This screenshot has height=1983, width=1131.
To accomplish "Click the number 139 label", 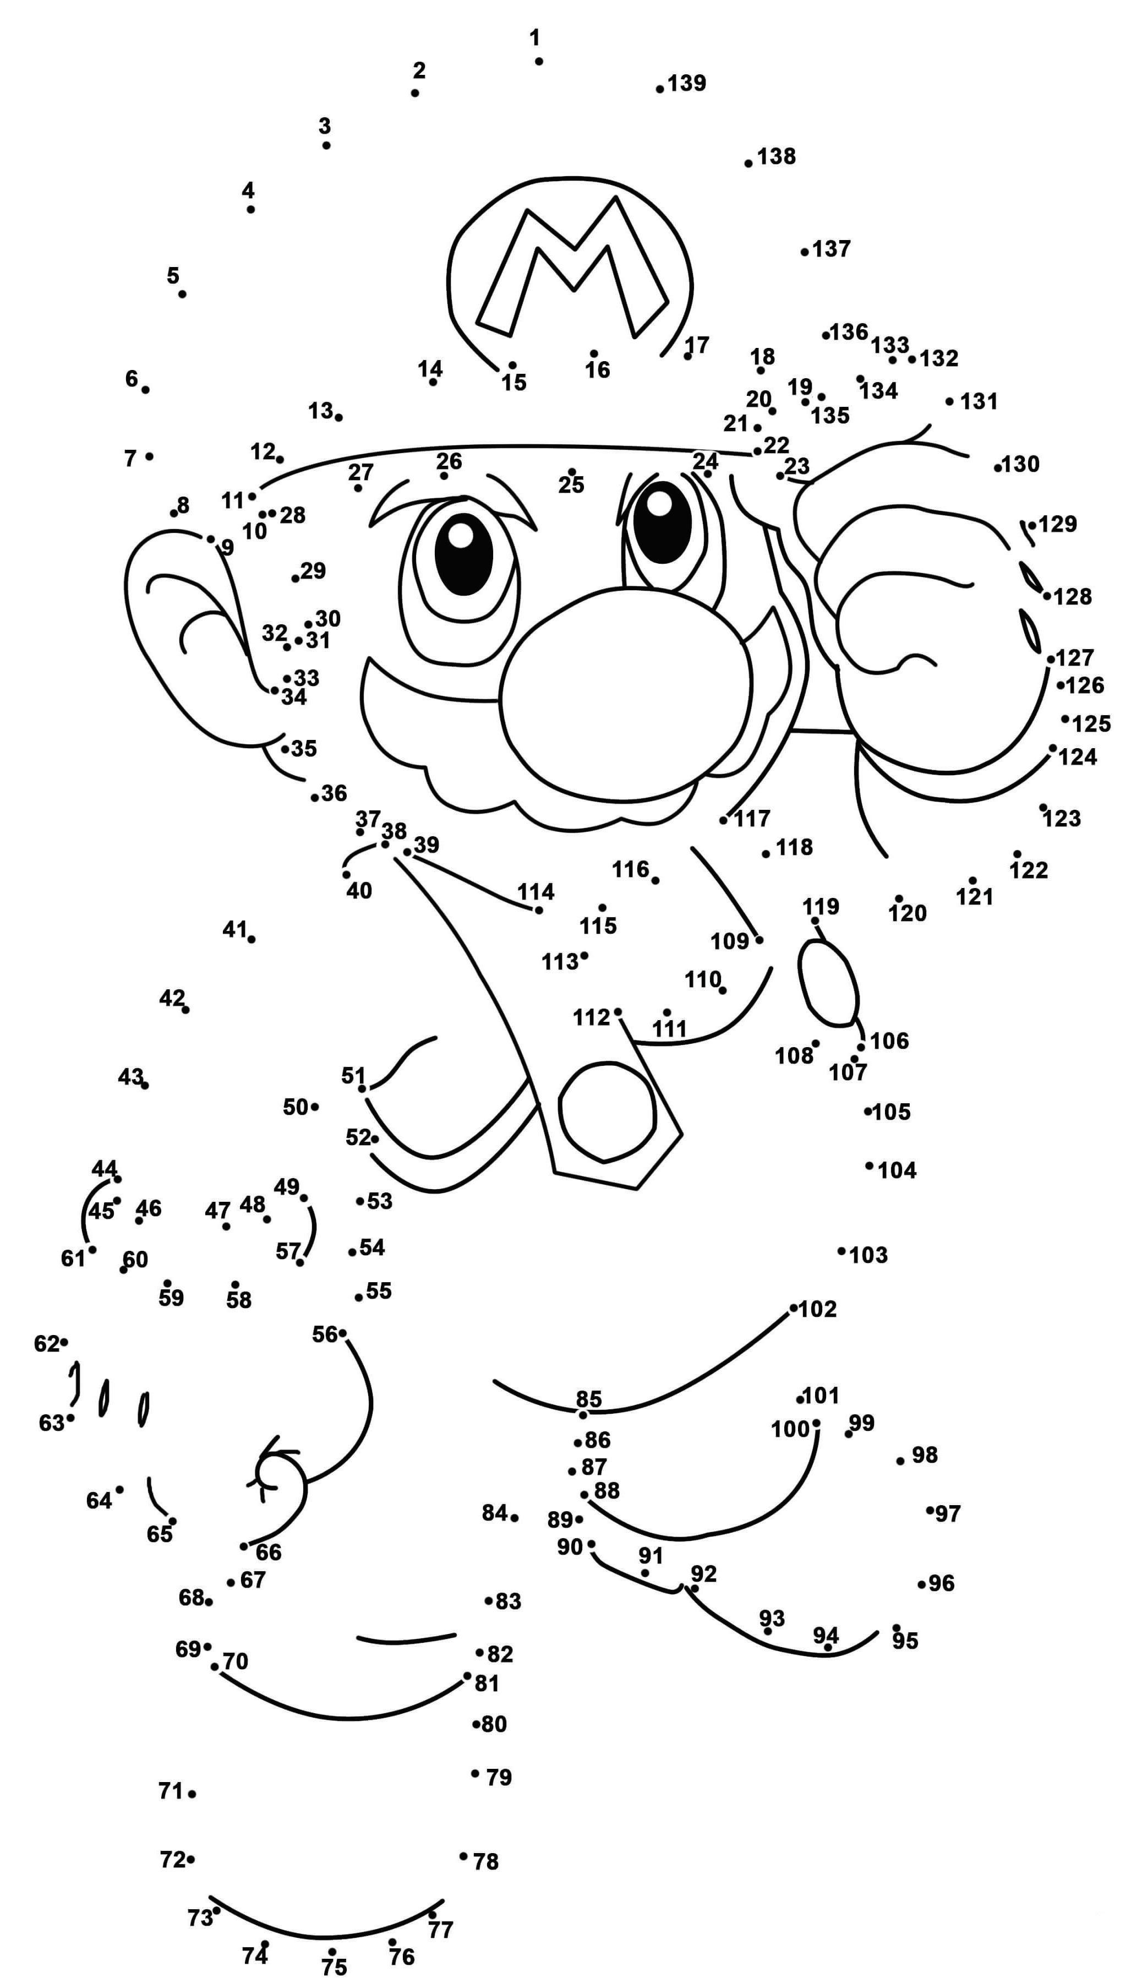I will (687, 83).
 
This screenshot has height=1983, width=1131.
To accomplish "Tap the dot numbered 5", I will (182, 294).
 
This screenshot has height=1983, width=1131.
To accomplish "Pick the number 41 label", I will (234, 929).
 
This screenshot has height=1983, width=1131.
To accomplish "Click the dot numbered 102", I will (793, 1308).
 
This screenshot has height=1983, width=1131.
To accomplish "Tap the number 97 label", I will (948, 1513).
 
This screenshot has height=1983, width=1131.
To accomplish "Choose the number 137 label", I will (832, 249).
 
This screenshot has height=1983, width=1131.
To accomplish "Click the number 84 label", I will (495, 1512).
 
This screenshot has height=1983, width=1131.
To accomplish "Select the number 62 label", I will (47, 1343).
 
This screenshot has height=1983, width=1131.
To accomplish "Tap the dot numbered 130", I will (997, 468).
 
